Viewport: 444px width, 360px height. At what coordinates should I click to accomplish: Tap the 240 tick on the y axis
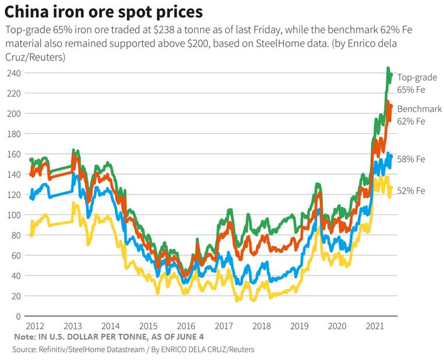pyautogui.click(x=14, y=73)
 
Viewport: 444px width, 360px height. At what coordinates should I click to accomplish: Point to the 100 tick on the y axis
pyautogui.click(x=14, y=215)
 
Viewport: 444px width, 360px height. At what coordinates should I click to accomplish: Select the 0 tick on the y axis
pyautogui.click(x=18, y=316)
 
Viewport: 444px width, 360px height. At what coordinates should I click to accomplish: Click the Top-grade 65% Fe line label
pyautogui.click(x=417, y=83)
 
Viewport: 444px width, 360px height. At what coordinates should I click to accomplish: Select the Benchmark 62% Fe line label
pyautogui.click(x=419, y=115)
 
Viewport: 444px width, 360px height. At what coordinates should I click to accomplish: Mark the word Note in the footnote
pyautogui.click(x=24, y=337)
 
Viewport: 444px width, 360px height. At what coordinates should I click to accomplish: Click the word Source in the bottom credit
pyautogui.click(x=24, y=350)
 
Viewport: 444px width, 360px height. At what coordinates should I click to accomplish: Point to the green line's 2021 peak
pyautogui.click(x=388, y=69)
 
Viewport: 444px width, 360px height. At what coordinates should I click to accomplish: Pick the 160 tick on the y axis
pyautogui.click(x=14, y=154)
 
